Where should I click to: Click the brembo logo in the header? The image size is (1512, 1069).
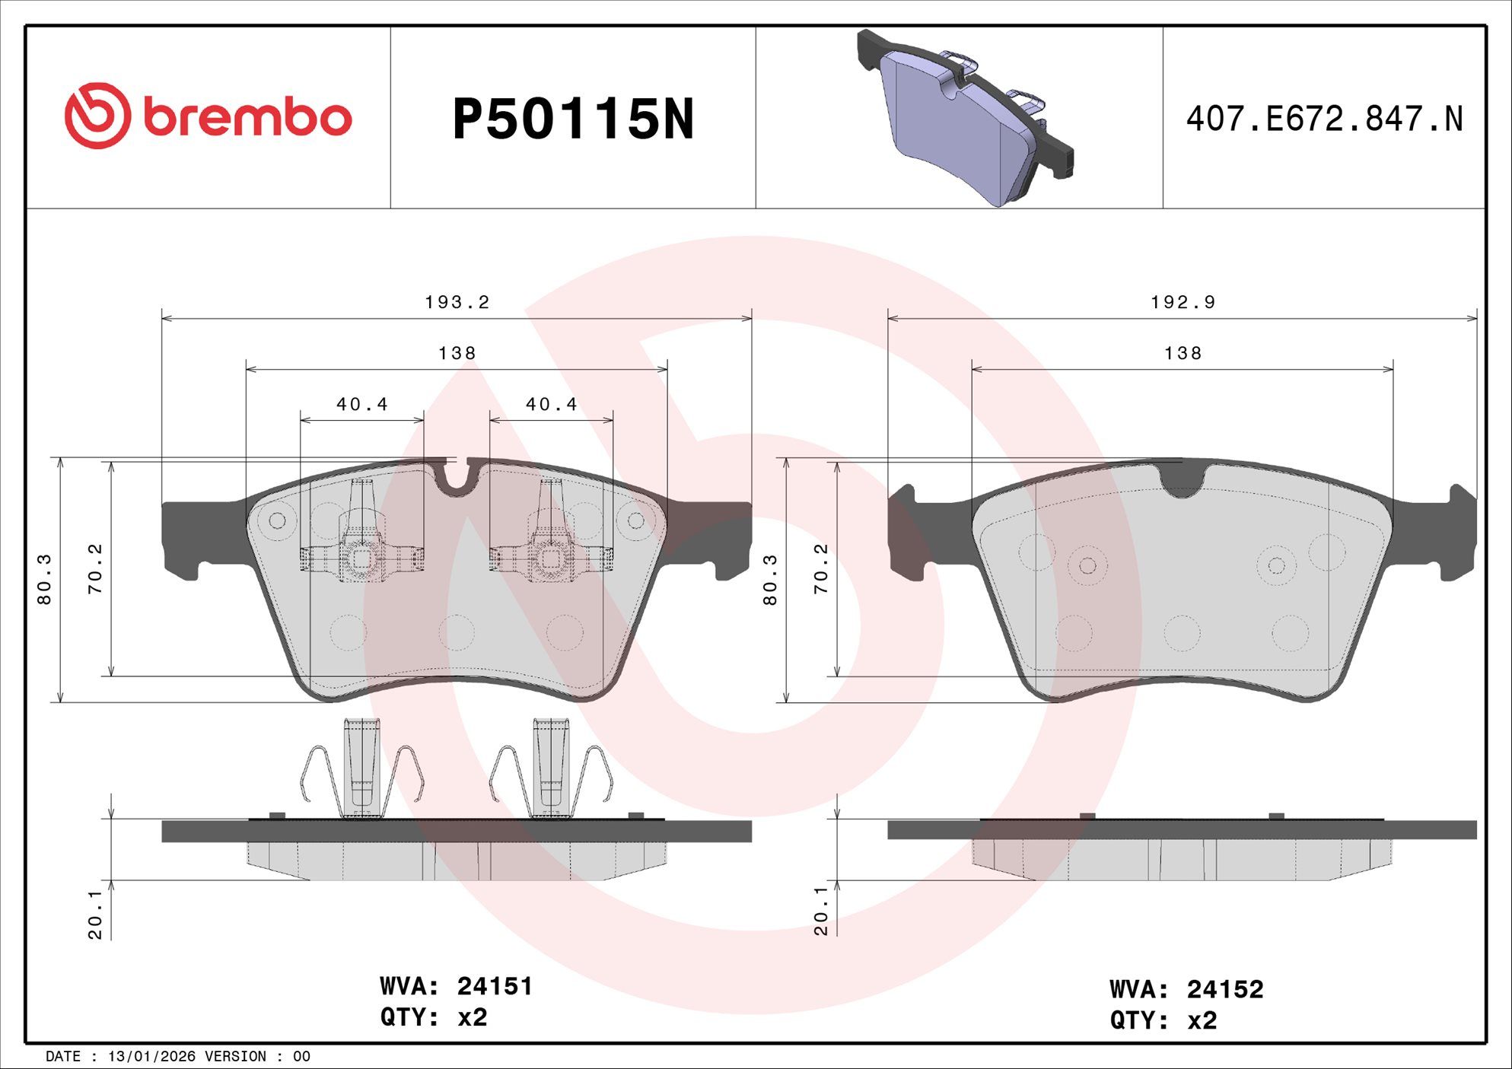[208, 116]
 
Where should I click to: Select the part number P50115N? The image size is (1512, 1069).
[573, 119]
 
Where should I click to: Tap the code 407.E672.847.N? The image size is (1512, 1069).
[1324, 119]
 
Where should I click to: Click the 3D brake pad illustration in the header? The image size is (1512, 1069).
[965, 118]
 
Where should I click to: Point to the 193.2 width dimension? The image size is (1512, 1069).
[457, 302]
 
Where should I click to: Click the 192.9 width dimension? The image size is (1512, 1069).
[1183, 302]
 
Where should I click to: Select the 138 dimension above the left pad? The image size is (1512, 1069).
[457, 353]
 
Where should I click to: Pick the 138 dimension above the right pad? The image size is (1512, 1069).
[1183, 353]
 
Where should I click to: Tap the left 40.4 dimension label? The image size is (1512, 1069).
[362, 404]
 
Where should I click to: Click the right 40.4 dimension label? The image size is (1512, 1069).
[552, 404]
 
